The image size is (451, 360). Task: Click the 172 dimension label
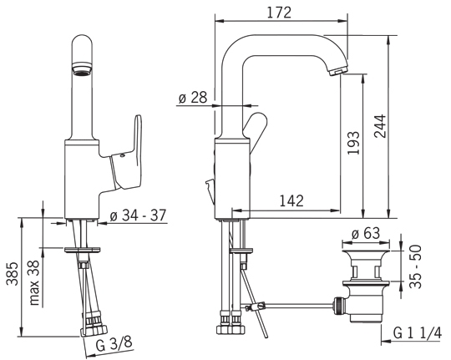279,13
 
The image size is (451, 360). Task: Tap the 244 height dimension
380,126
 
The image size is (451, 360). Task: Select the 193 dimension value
353,143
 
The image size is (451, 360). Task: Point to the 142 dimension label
291,200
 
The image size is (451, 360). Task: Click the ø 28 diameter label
193,98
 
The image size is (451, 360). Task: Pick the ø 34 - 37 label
138,215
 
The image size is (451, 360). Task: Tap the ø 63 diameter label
366,233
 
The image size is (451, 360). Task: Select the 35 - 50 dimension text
415,266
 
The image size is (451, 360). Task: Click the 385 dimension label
13,274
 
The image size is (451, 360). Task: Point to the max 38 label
34,283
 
